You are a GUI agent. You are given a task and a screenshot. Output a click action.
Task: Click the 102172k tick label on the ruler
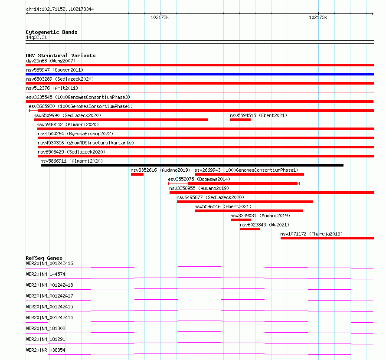tap(160, 18)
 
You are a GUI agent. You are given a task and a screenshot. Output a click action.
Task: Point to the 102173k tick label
tap(318, 18)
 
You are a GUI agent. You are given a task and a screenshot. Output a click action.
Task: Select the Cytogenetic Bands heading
tap(51, 32)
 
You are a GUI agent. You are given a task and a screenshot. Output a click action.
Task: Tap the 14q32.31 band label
tap(36, 38)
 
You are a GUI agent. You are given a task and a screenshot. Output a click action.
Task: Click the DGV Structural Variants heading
tap(60, 56)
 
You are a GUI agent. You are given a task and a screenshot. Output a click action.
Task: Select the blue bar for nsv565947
tap(200, 74)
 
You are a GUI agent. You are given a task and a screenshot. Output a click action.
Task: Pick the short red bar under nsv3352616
tap(137, 174)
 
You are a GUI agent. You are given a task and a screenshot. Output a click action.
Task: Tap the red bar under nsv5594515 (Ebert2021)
tap(240, 120)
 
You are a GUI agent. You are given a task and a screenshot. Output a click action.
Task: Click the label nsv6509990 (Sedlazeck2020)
tap(67, 115)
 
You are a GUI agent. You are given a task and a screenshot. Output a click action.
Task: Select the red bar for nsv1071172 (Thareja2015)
tap(327, 238)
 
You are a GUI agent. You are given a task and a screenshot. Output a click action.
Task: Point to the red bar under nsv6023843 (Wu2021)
tap(250, 229)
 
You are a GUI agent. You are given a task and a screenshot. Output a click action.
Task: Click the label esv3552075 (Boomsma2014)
tap(199, 179)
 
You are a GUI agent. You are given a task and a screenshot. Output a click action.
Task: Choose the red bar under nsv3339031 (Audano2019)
tap(241, 220)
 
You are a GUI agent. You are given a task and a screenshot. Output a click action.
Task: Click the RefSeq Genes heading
tap(44, 258)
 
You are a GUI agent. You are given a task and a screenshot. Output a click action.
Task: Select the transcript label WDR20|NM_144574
tap(46, 274)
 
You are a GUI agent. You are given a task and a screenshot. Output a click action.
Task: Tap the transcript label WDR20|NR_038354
tap(46, 350)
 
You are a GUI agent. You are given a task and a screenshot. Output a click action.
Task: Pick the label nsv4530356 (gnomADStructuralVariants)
tap(86, 143)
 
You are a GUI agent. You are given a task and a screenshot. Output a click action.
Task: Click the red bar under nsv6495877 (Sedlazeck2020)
tap(245, 202)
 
